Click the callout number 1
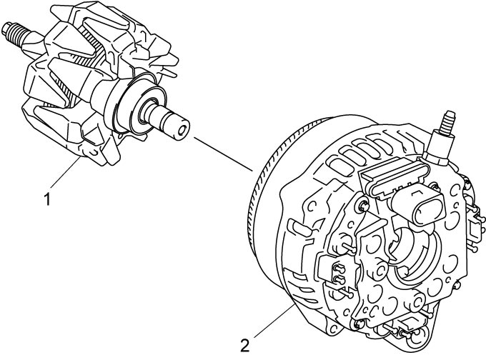coord(47,199)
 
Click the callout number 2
coord(244,346)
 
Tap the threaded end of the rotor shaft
coord(15,32)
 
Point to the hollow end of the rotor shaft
coord(182,129)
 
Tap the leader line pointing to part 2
coord(274,320)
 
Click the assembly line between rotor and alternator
coord(224,154)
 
